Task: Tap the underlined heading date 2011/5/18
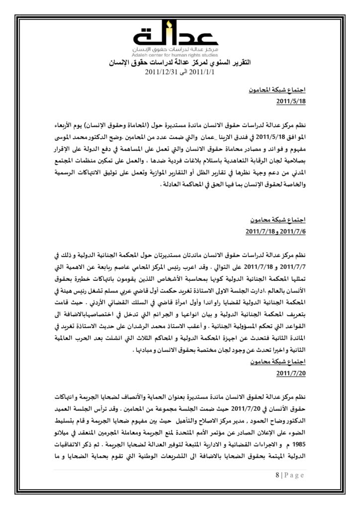(x=289, y=101)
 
